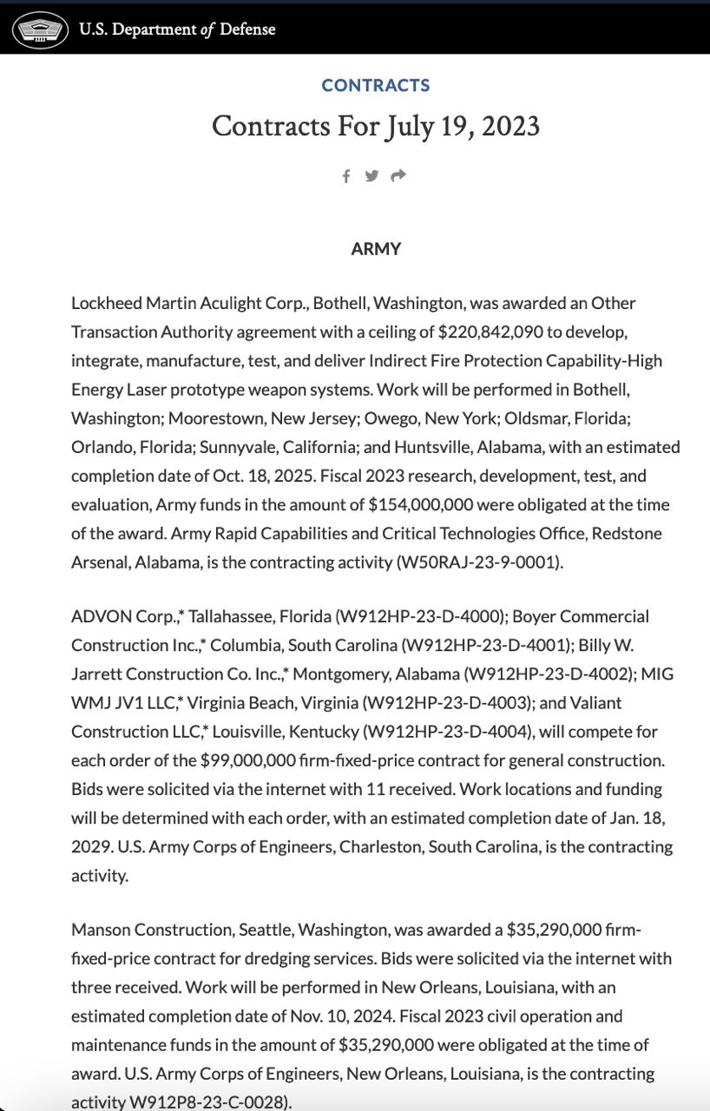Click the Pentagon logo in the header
tap(39, 30)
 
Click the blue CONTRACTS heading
tap(376, 85)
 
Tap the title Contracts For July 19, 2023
tap(376, 127)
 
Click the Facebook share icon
tap(346, 176)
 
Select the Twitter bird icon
tap(371, 176)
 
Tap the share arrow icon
tap(398, 176)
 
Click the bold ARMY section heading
tap(376, 249)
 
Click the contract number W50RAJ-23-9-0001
tap(479, 562)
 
